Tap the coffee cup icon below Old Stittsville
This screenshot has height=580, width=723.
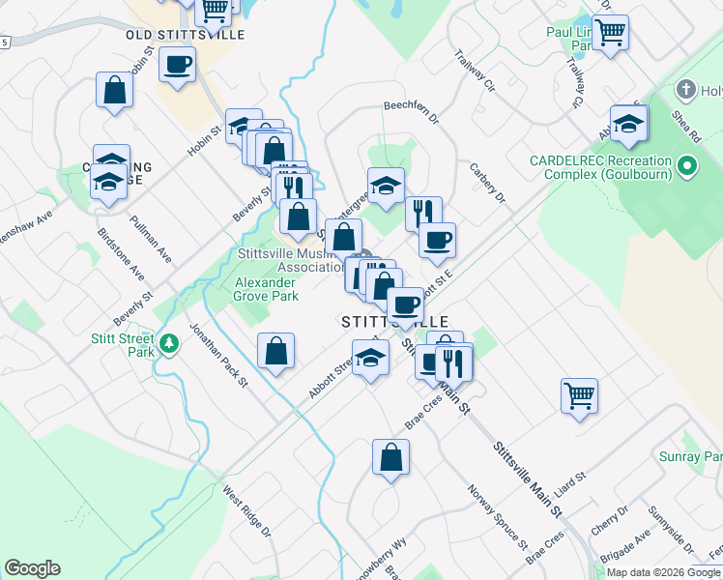[x=177, y=65]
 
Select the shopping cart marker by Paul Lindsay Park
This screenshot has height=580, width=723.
[x=610, y=32]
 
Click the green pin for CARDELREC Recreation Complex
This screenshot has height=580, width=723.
[x=687, y=167]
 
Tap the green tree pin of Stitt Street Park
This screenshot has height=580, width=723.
[x=170, y=343]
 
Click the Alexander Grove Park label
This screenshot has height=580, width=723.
[x=264, y=289]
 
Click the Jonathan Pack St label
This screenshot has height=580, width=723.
[x=218, y=355]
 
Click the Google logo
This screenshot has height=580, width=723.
[x=32, y=568]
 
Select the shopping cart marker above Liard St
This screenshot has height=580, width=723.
[x=579, y=393]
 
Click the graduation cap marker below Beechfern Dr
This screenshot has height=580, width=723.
[x=386, y=184]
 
